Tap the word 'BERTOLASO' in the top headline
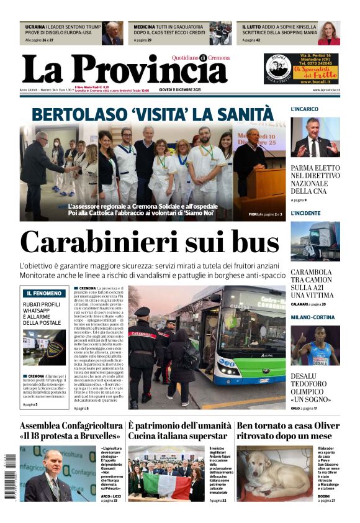pyautogui.click(x=75, y=115)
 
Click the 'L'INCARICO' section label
pyautogui.click(x=305, y=109)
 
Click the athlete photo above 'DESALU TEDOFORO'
pyautogui.click(x=315, y=345)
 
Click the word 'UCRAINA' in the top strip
pyautogui.click(x=35, y=27)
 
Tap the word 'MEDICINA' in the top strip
pyautogui.click(x=144, y=27)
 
